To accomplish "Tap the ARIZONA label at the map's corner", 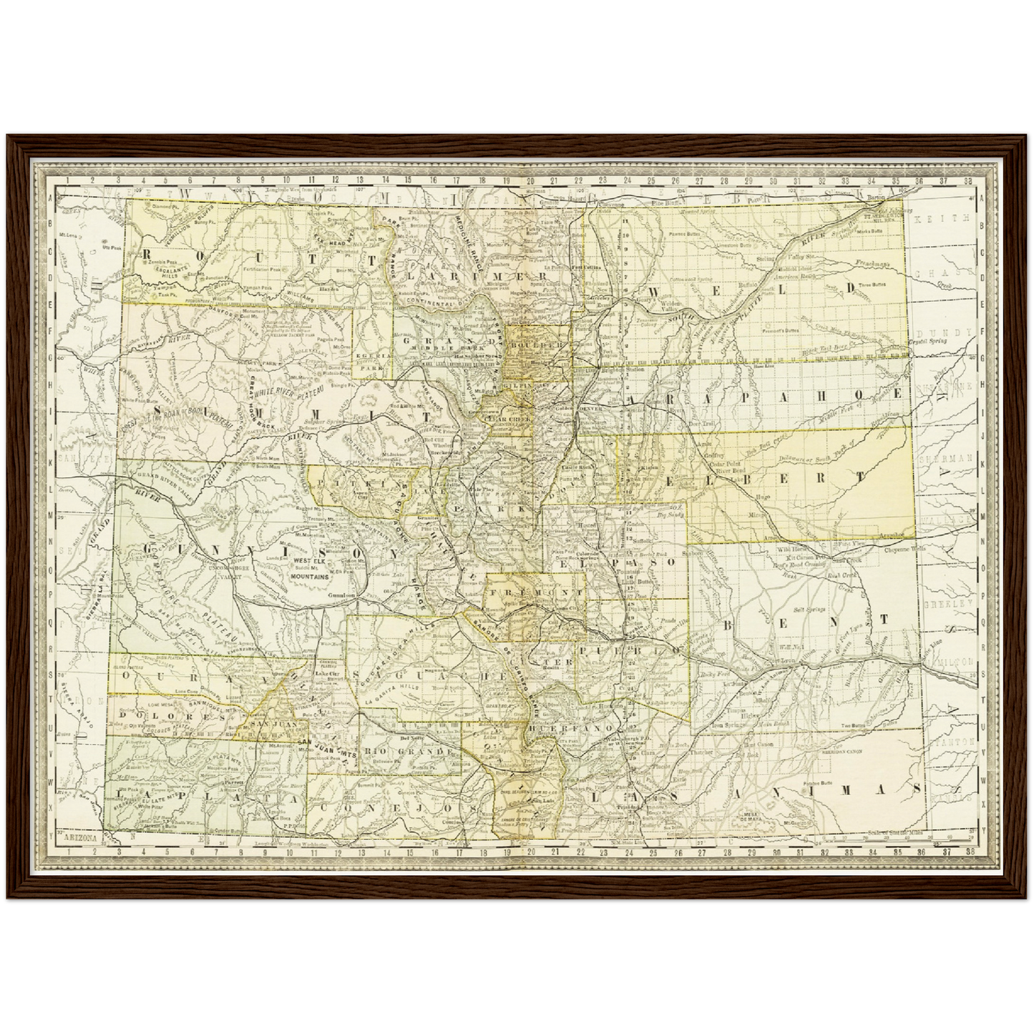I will (80, 836).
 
